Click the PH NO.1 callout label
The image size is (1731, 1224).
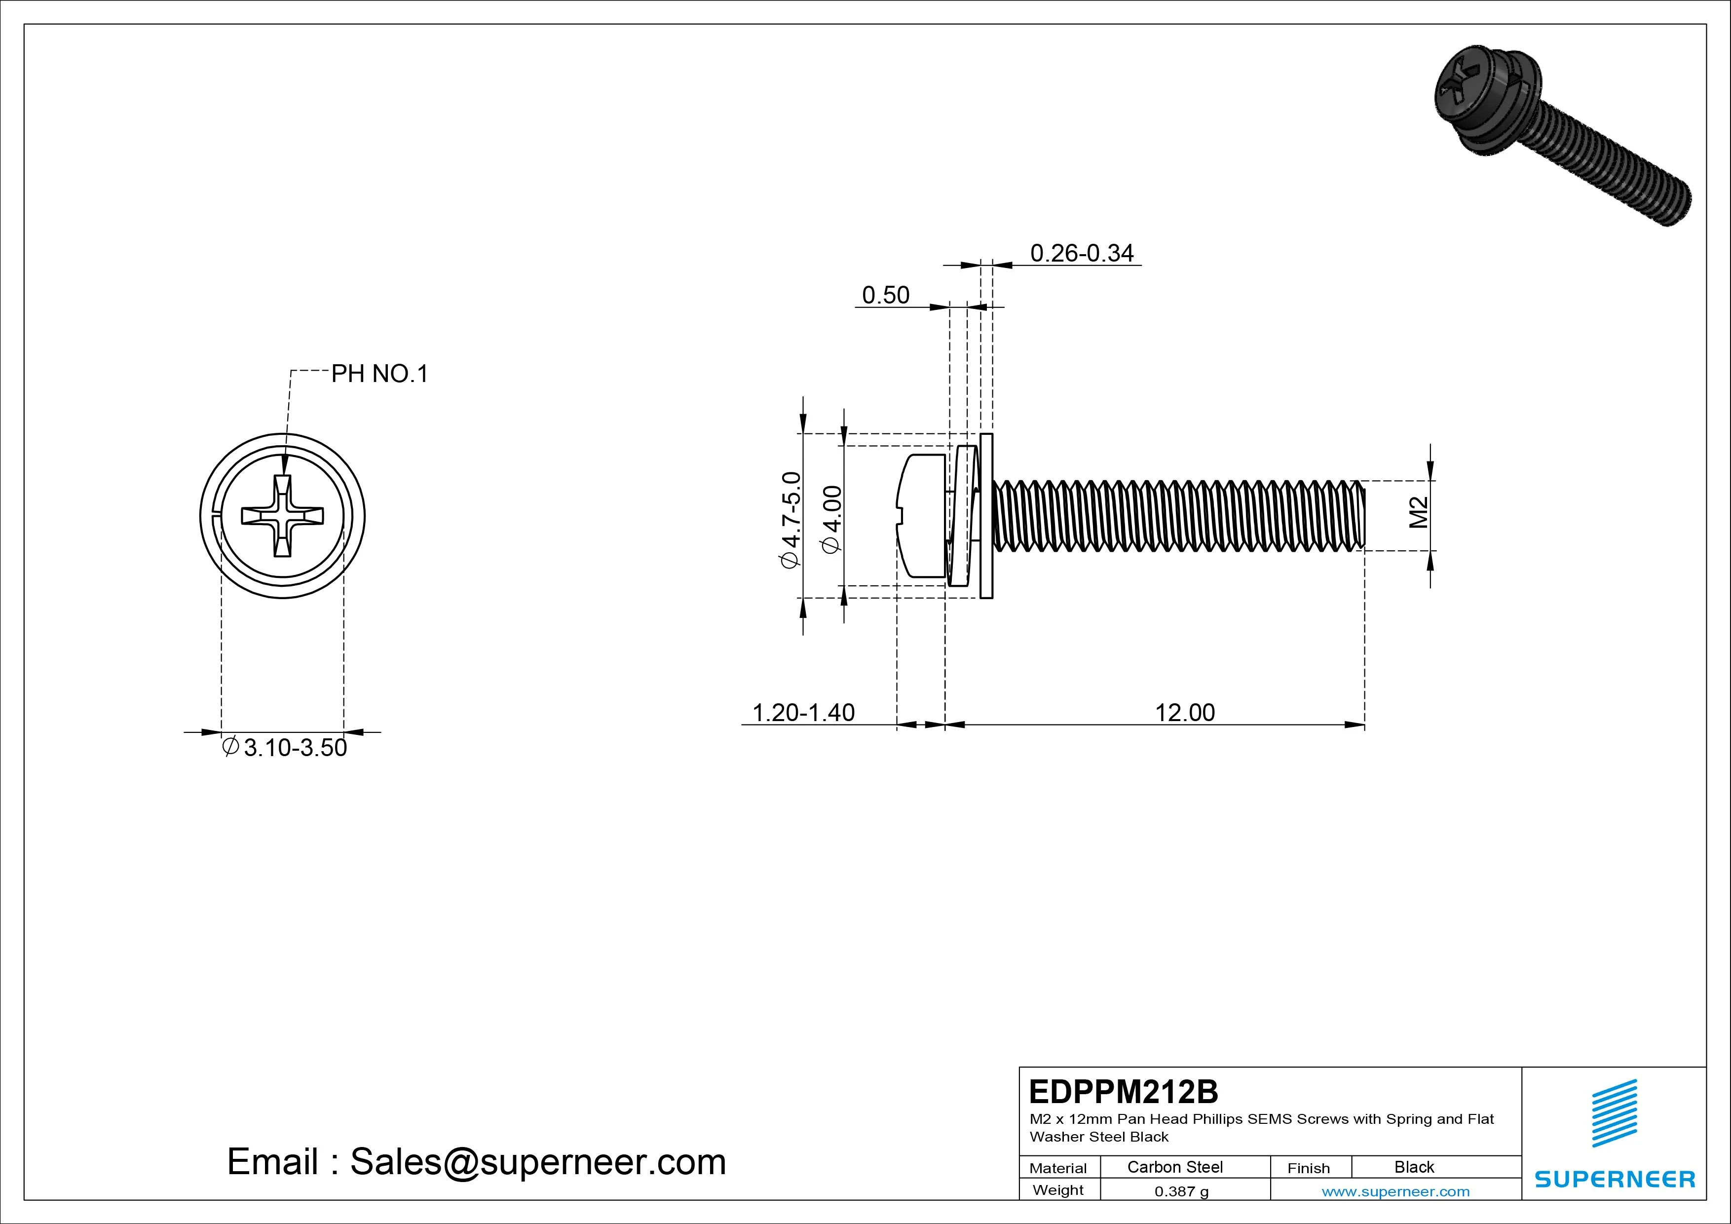[379, 374]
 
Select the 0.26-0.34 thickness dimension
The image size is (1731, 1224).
[1081, 253]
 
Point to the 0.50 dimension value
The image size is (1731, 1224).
[885, 295]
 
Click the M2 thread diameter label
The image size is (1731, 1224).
[1419, 512]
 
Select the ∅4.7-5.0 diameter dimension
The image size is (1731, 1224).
[790, 520]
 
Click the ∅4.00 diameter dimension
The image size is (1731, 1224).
[833, 520]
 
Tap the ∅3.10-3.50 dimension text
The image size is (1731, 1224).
[285, 747]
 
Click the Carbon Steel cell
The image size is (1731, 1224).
[1174, 1167]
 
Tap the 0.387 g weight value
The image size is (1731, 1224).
[1181, 1191]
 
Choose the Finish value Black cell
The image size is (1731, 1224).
[1414, 1167]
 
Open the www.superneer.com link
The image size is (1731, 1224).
[1395, 1191]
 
